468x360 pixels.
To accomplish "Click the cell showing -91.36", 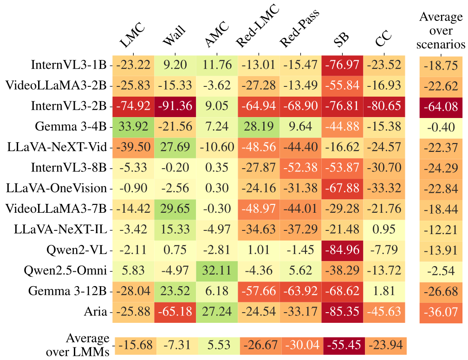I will coord(175,106).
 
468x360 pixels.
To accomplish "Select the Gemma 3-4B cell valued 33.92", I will coord(133,126).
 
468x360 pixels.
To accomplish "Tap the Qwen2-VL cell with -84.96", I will coord(342,250).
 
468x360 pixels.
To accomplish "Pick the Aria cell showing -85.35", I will coord(342,312).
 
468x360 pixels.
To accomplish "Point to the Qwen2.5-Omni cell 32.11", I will coord(217,270).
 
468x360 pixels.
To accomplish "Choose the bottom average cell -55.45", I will coord(342,345).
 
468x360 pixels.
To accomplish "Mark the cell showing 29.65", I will coord(175,209).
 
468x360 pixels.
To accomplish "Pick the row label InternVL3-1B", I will coord(70,65).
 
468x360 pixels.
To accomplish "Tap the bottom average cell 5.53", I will coord(217,345).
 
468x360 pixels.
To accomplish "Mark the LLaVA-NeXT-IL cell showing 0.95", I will coord(384,229).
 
